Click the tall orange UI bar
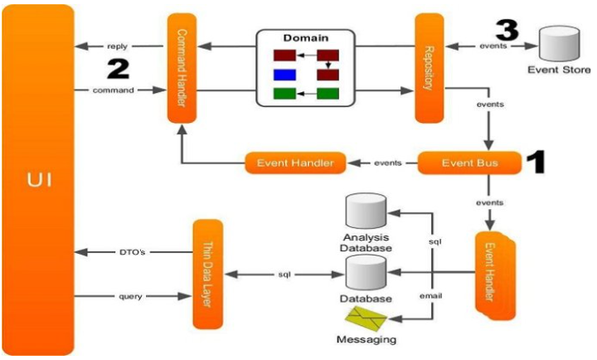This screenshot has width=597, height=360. coord(38,178)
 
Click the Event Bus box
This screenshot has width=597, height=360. coord(469,163)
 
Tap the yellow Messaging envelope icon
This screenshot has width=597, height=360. coord(362,319)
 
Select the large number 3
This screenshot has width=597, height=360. coord(507,30)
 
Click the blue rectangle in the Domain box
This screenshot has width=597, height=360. coord(284,75)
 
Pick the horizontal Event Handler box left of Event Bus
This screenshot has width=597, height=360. coord(294,163)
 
